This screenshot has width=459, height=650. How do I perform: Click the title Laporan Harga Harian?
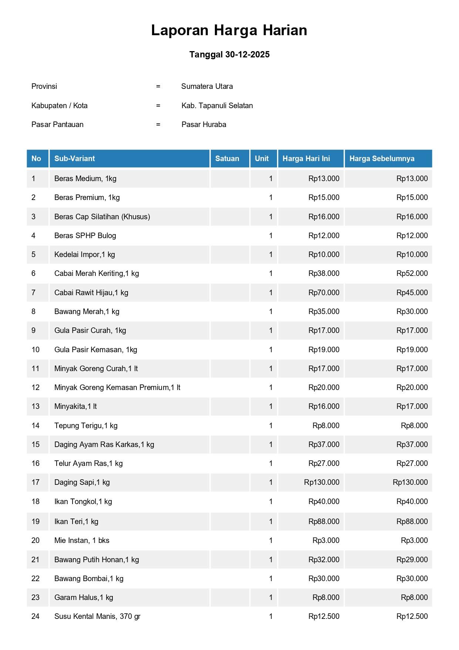pyautogui.click(x=229, y=30)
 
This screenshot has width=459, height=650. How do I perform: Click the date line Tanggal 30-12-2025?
pyautogui.click(x=229, y=54)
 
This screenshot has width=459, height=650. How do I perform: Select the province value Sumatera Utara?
pyautogui.click(x=207, y=86)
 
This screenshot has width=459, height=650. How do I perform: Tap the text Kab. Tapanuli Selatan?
pyautogui.click(x=217, y=106)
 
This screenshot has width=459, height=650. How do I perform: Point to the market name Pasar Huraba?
pyautogui.click(x=204, y=124)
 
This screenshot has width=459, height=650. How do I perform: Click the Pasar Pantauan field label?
pyautogui.click(x=57, y=124)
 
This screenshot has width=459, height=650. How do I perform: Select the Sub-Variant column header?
pyautogui.click(x=75, y=159)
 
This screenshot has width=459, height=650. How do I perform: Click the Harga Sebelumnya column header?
pyautogui.click(x=382, y=159)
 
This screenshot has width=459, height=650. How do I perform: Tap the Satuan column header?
pyautogui.click(x=227, y=159)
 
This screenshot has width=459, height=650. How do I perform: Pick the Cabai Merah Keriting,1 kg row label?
pyautogui.click(x=97, y=273)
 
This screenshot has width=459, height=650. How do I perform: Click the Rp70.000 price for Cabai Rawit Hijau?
pyautogui.click(x=324, y=293)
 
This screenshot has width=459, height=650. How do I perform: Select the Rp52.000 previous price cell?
pyautogui.click(x=412, y=273)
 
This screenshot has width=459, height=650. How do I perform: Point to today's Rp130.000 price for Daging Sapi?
pyautogui.click(x=321, y=482)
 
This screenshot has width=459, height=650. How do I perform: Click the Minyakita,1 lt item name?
pyautogui.click(x=75, y=406)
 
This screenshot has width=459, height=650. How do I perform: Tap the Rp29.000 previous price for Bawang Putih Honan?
pyautogui.click(x=412, y=560)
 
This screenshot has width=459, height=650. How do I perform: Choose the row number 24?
pyautogui.click(x=36, y=616)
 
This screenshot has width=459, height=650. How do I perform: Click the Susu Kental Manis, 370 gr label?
pyautogui.click(x=97, y=616)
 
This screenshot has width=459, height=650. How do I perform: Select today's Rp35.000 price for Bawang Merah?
pyautogui.click(x=324, y=311)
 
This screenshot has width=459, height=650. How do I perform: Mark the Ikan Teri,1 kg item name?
pyautogui.click(x=76, y=521)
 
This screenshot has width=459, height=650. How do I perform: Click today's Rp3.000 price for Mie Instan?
pyautogui.click(x=326, y=540)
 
